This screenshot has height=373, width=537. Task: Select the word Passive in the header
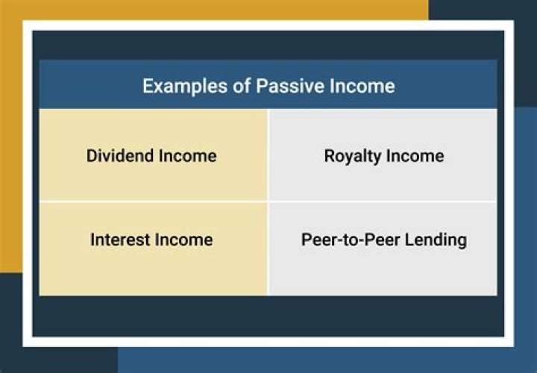[x=292, y=86]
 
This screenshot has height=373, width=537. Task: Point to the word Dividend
[x=119, y=156]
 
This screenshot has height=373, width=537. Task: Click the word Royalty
[x=351, y=156]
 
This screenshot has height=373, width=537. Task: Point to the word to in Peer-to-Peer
[x=346, y=239]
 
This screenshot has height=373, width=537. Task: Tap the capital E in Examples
[x=148, y=86]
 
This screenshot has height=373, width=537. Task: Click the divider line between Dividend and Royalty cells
[x=268, y=156]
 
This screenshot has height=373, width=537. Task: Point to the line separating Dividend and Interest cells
[x=153, y=201]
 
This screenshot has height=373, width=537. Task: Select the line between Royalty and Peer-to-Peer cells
[x=383, y=201]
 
